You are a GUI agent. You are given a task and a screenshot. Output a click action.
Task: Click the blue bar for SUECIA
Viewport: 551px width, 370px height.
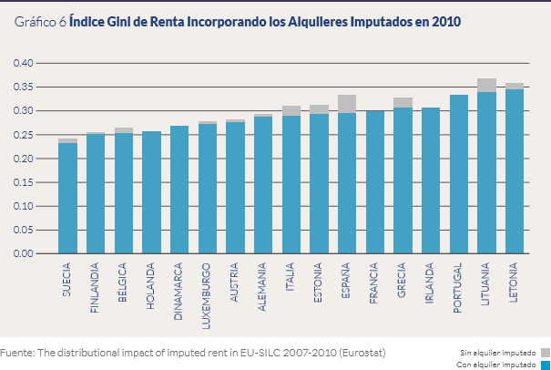[x=67, y=198]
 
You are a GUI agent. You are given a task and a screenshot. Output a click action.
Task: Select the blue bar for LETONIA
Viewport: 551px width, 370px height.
[x=515, y=171]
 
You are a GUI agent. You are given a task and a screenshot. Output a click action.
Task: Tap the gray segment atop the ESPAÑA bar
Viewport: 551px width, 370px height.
[x=347, y=104]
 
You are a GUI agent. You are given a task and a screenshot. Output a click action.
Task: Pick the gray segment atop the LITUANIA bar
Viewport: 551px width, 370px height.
[x=486, y=85]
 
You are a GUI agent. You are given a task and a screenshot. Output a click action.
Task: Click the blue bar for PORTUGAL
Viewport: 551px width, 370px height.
[x=459, y=174]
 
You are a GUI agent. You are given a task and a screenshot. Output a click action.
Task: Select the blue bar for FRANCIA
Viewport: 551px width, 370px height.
[x=374, y=182]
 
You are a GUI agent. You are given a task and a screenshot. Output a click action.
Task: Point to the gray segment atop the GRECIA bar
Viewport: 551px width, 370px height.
[x=403, y=102]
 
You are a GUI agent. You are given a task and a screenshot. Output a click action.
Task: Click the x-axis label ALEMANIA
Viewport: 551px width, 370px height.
[x=263, y=288]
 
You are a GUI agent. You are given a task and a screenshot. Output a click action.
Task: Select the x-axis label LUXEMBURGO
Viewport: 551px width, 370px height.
[x=208, y=292]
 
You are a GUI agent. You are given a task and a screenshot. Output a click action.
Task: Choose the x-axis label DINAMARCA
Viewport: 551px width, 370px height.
[x=179, y=290]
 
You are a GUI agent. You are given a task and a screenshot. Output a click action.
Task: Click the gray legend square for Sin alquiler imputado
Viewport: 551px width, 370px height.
[x=545, y=351]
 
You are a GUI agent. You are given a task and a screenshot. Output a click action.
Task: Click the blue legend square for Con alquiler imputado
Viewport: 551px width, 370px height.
[x=545, y=364]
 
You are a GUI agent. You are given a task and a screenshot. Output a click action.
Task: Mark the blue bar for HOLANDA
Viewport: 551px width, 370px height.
[x=151, y=192]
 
